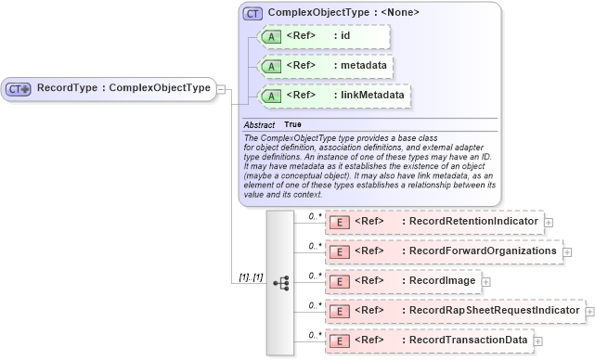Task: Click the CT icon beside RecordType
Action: click(19, 88)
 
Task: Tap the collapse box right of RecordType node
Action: click(221, 88)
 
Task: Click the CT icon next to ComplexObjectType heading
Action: click(252, 13)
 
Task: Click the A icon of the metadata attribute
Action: click(271, 67)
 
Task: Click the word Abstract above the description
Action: click(261, 124)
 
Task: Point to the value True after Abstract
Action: click(292, 124)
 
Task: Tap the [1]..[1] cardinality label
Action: click(250, 277)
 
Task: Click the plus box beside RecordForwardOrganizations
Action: click(568, 252)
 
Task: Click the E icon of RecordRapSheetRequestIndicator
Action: click(340, 311)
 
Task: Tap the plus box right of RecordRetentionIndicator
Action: click(549, 223)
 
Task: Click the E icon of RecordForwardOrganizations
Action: click(340, 252)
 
